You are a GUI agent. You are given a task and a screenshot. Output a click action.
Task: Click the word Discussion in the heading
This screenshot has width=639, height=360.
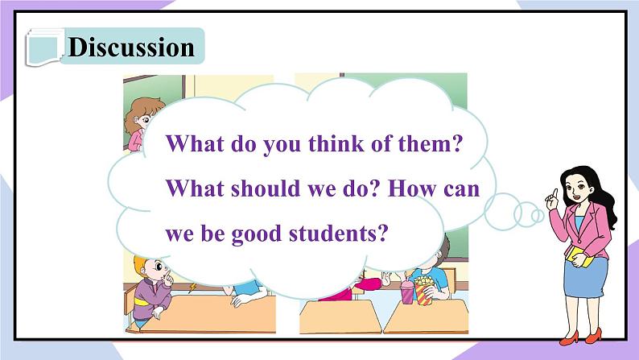(x=131, y=47)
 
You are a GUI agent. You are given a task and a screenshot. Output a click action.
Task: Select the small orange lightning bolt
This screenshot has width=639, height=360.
(x=192, y=286)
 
